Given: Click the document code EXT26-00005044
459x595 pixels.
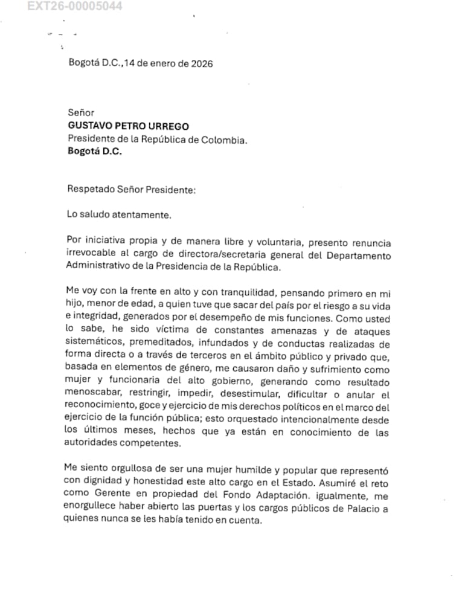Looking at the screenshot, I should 75,7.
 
